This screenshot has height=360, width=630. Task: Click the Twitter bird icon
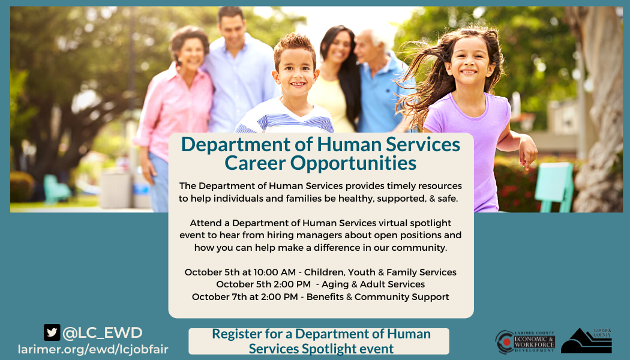(x=52, y=332)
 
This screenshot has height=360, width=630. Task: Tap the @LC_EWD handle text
(x=102, y=332)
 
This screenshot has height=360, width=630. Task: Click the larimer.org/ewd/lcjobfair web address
(x=93, y=349)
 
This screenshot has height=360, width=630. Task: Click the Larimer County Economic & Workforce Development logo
(x=525, y=342)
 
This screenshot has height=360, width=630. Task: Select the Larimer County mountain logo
(x=586, y=341)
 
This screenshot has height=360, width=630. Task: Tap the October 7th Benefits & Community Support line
(x=320, y=297)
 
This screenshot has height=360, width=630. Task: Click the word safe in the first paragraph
(x=445, y=198)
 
